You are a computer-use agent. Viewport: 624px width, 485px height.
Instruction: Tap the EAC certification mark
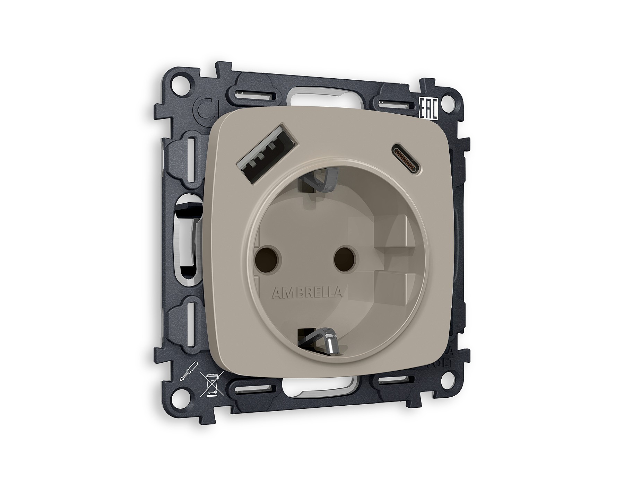428,109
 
